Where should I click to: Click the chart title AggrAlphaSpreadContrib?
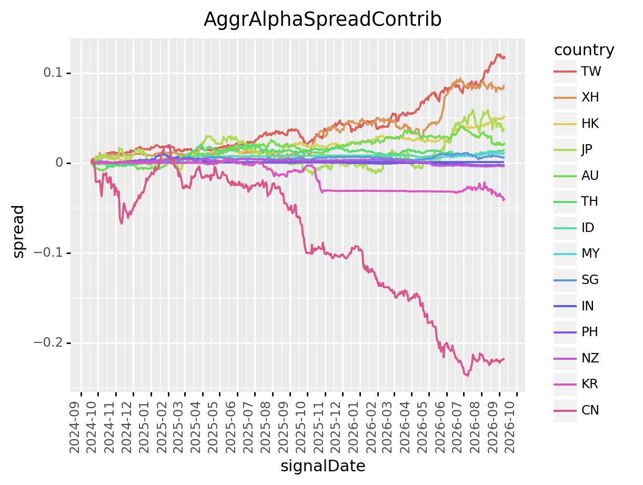tap(322, 19)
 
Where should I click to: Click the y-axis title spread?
tap(18, 231)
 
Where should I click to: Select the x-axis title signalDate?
tap(323, 466)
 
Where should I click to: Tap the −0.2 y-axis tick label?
tap(48, 342)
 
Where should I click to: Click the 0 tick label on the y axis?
tap(59, 163)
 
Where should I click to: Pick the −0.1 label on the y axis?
tap(48, 252)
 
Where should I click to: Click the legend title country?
tap(584, 50)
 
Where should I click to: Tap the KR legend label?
tap(589, 384)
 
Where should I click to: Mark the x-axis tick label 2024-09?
tap(75, 428)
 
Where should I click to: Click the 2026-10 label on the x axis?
tap(510, 428)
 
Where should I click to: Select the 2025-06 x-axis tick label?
tap(231, 428)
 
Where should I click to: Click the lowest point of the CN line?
tap(467, 376)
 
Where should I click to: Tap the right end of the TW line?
tap(504, 58)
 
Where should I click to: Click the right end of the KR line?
tap(504, 199)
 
